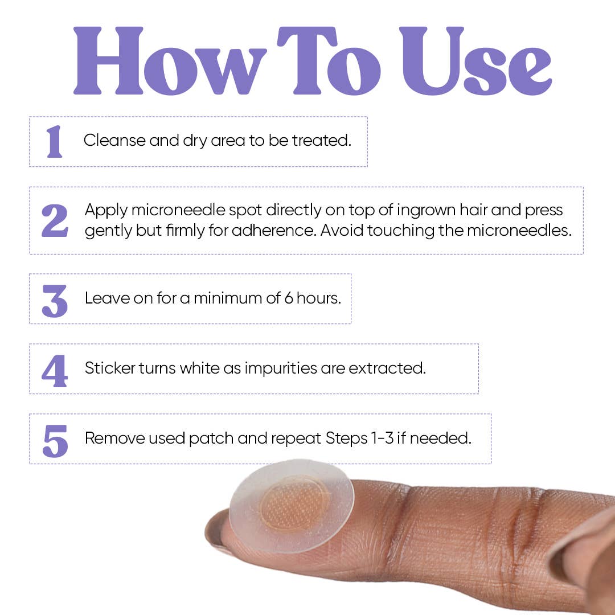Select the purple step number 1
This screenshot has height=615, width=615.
(x=55, y=141)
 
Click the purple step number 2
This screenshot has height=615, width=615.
(x=55, y=220)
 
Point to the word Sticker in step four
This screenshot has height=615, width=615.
(x=110, y=368)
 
